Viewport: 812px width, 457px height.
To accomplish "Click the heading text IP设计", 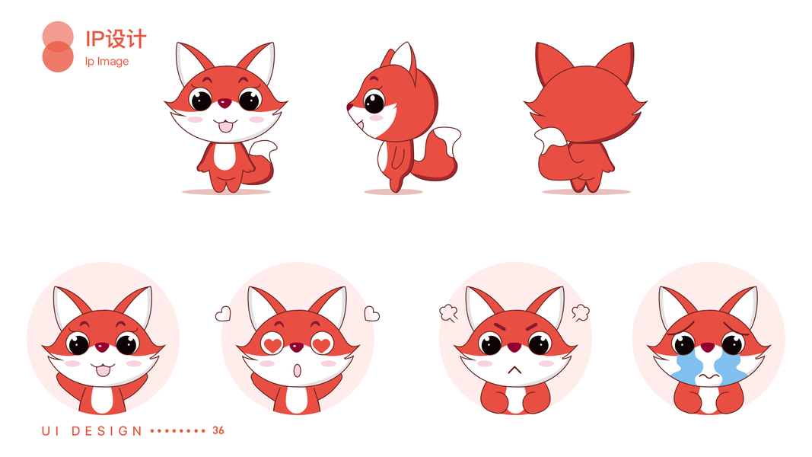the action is [x=116, y=39].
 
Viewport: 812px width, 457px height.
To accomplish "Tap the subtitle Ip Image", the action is [x=107, y=61].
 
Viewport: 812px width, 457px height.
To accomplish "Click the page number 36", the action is [x=218, y=430].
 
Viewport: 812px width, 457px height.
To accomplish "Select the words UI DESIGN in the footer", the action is [x=91, y=431].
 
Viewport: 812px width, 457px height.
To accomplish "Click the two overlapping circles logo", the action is [x=58, y=46].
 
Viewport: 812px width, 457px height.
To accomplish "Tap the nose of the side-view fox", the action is [x=349, y=107].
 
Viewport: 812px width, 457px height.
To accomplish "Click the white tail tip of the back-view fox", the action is [x=551, y=139].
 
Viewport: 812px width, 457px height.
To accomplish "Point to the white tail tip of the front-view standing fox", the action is [x=265, y=149].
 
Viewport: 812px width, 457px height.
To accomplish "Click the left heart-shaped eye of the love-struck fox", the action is [x=272, y=344].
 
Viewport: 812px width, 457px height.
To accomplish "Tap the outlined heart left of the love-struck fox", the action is [x=223, y=314].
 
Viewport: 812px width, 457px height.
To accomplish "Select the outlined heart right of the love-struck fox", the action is [x=371, y=314].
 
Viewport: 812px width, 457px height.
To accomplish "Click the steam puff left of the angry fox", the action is [x=448, y=312].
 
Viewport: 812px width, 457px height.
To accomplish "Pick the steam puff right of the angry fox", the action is [x=581, y=312].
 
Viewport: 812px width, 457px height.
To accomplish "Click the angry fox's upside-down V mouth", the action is [x=514, y=370].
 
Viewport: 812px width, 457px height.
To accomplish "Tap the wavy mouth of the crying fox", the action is [x=709, y=377].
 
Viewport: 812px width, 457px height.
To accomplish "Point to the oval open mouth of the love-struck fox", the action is [x=298, y=370].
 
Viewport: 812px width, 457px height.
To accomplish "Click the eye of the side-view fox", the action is [x=374, y=101].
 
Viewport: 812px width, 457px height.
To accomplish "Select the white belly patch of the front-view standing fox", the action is [x=224, y=156].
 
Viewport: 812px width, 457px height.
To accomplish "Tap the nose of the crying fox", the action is [x=708, y=347].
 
